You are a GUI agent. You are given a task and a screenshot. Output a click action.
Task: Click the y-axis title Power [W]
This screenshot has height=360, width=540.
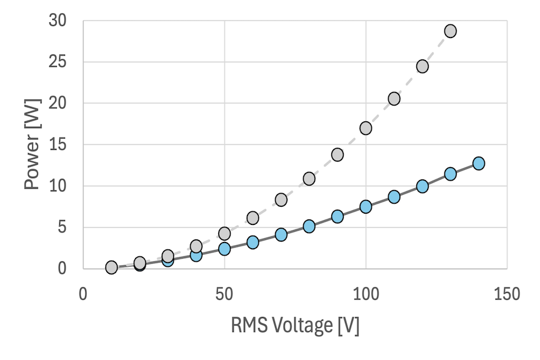click(x=33, y=144)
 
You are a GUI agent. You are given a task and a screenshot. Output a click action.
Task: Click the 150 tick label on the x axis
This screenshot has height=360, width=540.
click(x=506, y=292)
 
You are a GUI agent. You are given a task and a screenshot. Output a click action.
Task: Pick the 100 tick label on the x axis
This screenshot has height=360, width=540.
click(x=366, y=292)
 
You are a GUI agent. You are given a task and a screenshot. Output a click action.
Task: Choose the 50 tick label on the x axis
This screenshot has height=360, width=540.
click(x=224, y=292)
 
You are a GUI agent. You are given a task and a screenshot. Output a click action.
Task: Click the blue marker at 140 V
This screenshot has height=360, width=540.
click(x=478, y=163)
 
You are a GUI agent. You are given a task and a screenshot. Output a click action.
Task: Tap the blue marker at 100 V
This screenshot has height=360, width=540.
click(x=366, y=206)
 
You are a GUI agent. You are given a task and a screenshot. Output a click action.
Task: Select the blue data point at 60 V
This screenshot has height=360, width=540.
click(x=252, y=242)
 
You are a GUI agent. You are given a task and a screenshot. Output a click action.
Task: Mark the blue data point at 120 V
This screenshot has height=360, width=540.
click(x=422, y=186)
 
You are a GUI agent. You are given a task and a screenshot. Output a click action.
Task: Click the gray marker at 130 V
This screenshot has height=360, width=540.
click(x=450, y=31)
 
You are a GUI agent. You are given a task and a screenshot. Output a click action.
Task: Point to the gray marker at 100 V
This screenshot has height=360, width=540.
click(x=366, y=128)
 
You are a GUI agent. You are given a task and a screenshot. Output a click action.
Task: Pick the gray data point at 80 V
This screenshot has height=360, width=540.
click(x=309, y=179)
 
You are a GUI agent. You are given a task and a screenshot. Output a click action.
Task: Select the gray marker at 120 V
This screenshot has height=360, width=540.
click(x=422, y=66)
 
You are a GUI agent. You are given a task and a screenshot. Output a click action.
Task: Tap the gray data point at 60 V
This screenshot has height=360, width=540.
click(x=252, y=217)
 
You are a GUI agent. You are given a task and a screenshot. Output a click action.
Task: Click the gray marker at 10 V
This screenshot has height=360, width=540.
click(x=111, y=267)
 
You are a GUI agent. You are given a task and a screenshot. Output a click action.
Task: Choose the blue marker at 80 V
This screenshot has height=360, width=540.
click(x=309, y=226)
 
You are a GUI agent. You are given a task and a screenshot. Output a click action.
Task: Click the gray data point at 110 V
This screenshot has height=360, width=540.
click(x=394, y=99)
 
